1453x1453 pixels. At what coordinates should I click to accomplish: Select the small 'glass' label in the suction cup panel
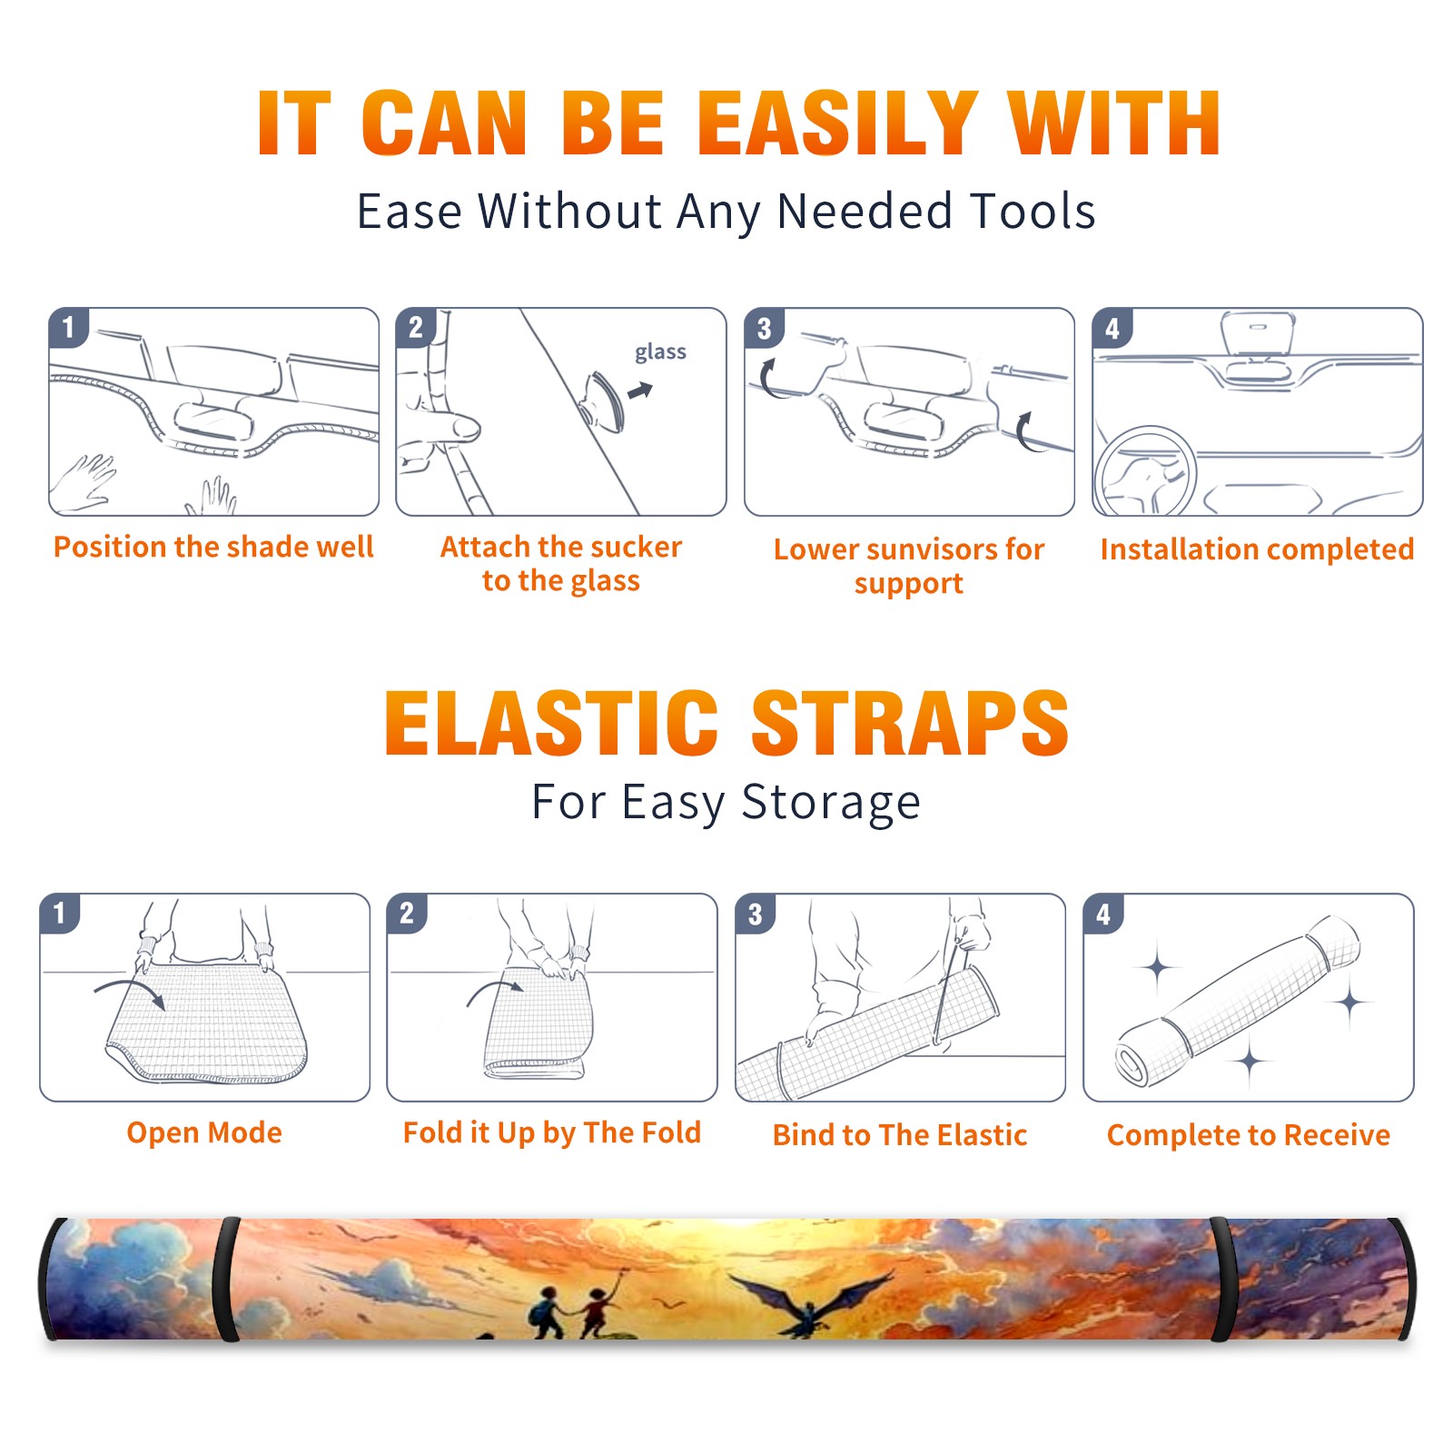pyautogui.click(x=660, y=352)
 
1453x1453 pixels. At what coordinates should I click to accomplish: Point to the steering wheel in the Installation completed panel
pyautogui.click(x=1144, y=471)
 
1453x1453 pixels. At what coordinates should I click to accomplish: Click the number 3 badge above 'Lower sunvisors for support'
pyautogui.click(x=765, y=328)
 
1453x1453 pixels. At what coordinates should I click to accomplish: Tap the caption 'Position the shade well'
pyautogui.click(x=213, y=547)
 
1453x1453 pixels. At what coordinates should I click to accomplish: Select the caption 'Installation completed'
pyautogui.click(x=1257, y=549)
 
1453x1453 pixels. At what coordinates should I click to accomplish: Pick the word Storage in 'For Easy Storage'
pyautogui.click(x=831, y=803)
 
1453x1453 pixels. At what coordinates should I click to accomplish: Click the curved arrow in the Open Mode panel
pyautogui.click(x=130, y=991)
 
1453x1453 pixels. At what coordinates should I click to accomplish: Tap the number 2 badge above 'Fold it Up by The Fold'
pyautogui.click(x=407, y=913)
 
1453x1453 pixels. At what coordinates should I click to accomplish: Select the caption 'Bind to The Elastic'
pyautogui.click(x=900, y=1135)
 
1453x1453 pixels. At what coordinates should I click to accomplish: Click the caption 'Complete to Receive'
pyautogui.click(x=1249, y=1135)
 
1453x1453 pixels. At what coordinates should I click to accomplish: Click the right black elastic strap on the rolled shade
pyautogui.click(x=1221, y=1280)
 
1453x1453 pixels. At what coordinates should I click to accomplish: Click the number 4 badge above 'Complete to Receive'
pyautogui.click(x=1103, y=914)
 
